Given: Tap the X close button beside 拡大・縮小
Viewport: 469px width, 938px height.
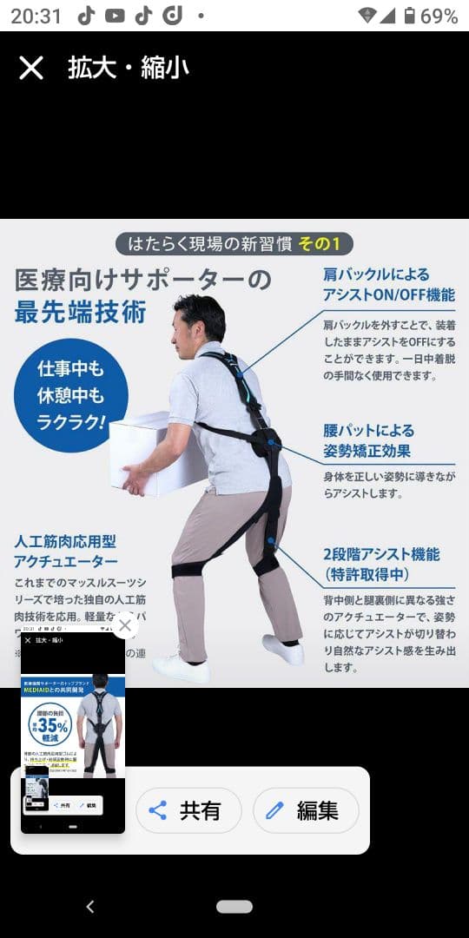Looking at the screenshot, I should (x=31, y=68).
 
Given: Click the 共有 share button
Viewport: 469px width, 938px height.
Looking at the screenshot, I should (x=185, y=811).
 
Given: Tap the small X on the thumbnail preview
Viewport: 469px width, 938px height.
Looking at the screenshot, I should (x=125, y=625).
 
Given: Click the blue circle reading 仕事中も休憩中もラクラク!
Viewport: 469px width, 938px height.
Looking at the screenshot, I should (x=71, y=395).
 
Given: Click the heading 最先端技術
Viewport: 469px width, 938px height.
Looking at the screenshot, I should (x=80, y=312).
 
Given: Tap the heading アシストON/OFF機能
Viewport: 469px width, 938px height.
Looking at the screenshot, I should (x=389, y=294).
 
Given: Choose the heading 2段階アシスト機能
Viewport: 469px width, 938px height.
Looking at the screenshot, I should (x=381, y=554).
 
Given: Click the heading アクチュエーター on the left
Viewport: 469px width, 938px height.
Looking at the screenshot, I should (x=66, y=561).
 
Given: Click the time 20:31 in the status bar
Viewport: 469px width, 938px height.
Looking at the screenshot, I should (x=36, y=16).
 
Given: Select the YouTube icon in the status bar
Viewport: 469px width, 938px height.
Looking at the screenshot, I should (x=115, y=16).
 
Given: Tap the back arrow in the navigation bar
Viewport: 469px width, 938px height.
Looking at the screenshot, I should (x=90, y=907).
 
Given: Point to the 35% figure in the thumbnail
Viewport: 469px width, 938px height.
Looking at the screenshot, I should (x=52, y=726).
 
